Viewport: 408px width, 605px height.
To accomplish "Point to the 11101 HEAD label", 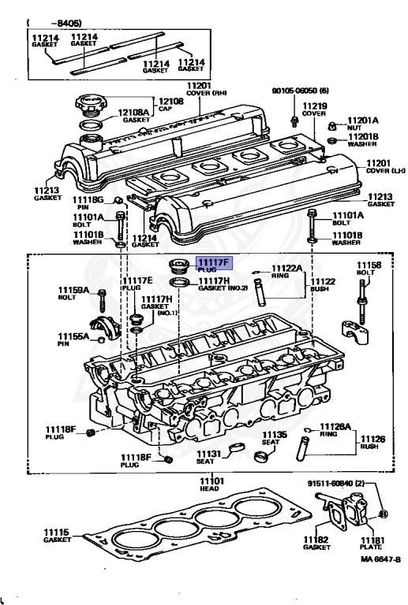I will (211, 484).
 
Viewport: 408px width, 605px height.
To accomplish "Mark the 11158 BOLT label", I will (369, 269).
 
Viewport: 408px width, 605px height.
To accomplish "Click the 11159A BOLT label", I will (71, 294).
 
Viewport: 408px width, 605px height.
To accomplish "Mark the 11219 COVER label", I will (315, 109).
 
